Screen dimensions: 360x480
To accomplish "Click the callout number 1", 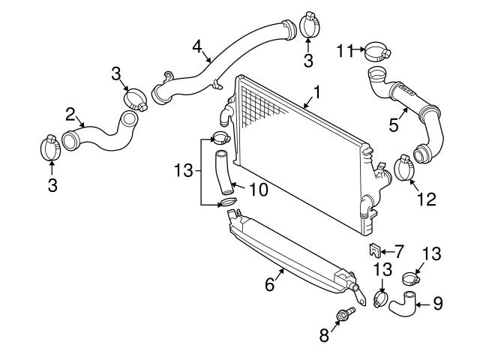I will click(317, 93).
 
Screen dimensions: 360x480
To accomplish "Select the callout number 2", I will click(70, 114).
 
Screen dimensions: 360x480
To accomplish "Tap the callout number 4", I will click(197, 46).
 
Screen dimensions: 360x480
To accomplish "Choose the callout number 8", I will click(325, 335).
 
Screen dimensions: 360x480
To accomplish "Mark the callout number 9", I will click(438, 304).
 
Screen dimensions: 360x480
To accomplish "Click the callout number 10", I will click(258, 190).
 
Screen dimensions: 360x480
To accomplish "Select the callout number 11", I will click(344, 50).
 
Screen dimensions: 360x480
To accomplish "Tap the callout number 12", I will click(425, 199).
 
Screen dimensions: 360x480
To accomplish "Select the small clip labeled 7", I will click(373, 250).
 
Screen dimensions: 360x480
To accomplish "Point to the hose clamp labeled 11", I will click(377, 52).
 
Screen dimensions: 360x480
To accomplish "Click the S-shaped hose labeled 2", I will click(101, 133).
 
